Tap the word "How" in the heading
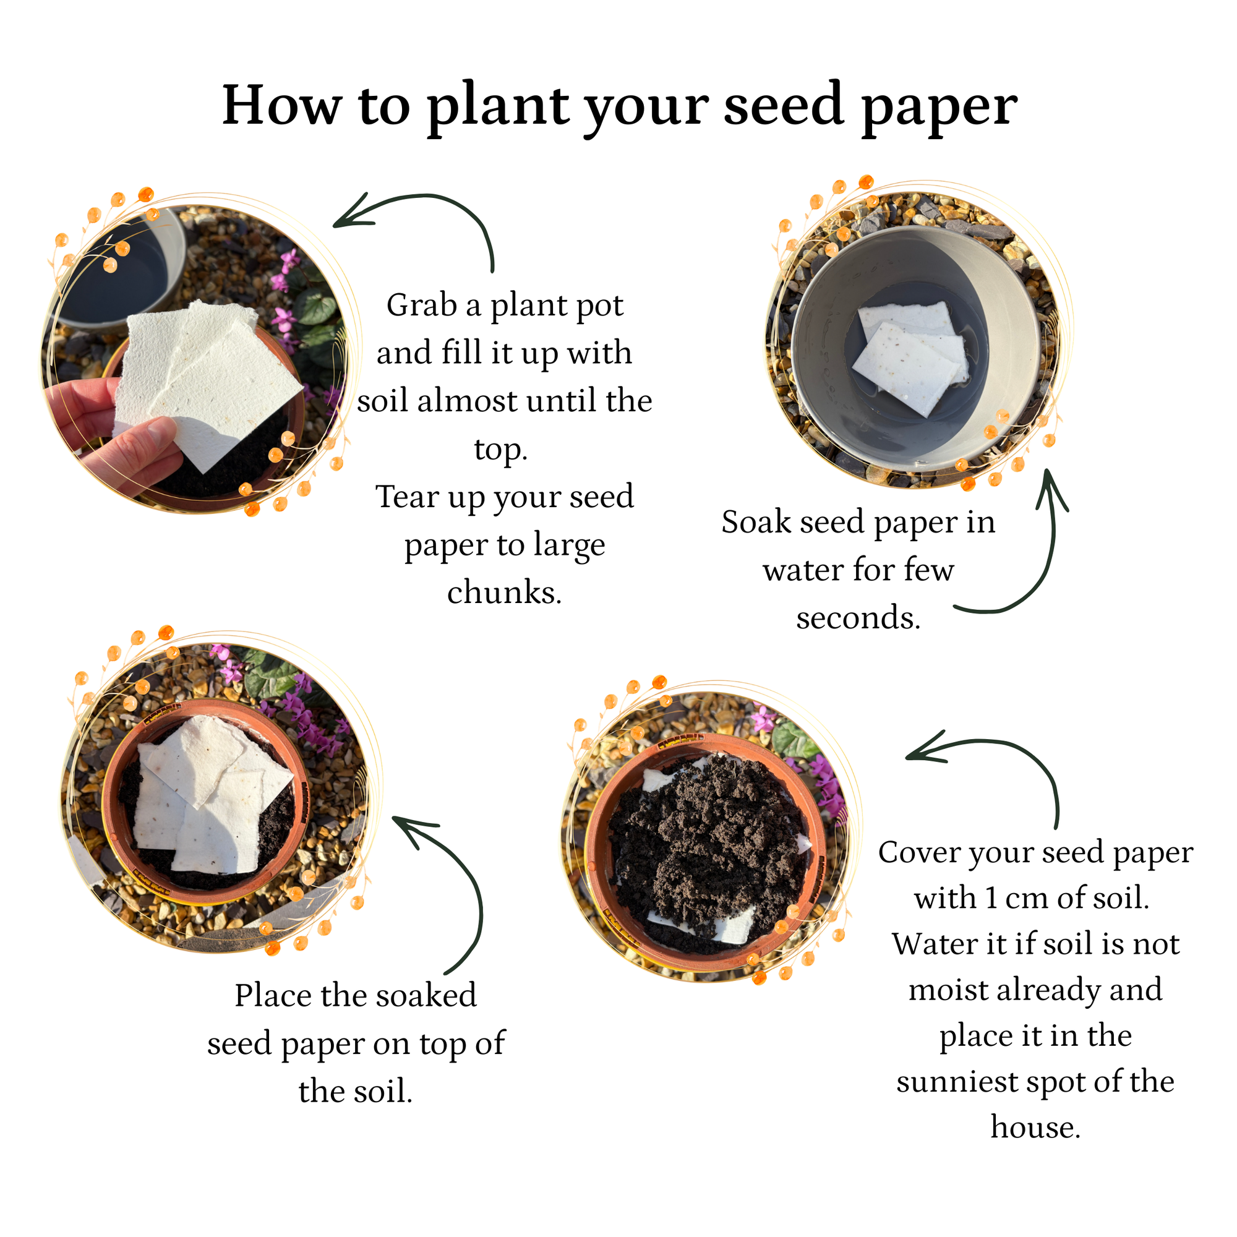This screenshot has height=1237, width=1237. (x=281, y=105)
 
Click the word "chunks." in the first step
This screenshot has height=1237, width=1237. (x=505, y=593)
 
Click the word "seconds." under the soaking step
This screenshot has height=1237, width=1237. (x=858, y=618)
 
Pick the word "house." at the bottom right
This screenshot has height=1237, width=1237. (x=1035, y=1128)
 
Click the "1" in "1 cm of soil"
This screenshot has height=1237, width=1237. (x=990, y=898)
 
